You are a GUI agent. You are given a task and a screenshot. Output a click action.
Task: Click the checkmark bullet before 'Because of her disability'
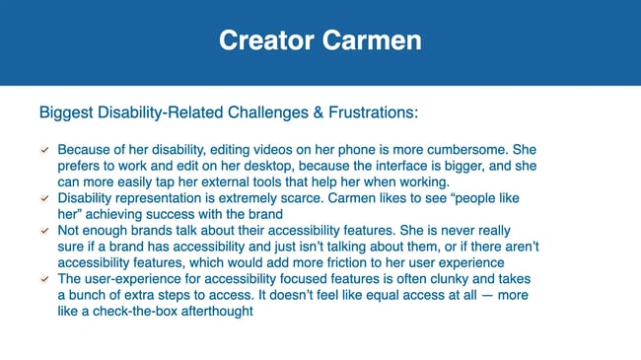(x=44, y=149)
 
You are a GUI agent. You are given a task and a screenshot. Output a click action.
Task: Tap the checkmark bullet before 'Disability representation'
(x=44, y=198)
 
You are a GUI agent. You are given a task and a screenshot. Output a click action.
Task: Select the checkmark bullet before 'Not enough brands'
(x=44, y=231)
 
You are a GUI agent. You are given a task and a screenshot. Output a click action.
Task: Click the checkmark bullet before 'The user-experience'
(x=44, y=279)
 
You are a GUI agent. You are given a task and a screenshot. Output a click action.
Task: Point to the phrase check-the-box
(x=148, y=312)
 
